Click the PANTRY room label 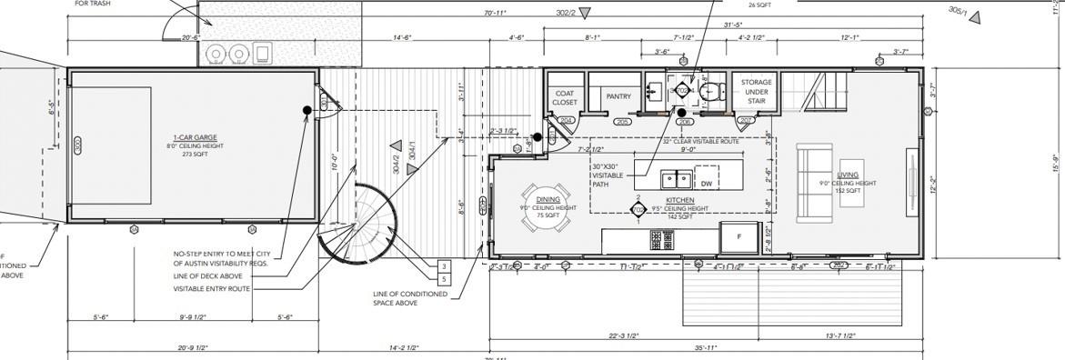click(x=618, y=96)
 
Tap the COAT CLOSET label click(x=565, y=97)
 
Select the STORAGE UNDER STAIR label click(x=756, y=91)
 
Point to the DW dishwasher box click(x=706, y=183)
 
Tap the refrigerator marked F click(x=738, y=235)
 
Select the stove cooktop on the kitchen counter click(x=660, y=240)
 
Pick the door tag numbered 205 click(x=623, y=121)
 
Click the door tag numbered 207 click(x=746, y=121)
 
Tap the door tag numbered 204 click(x=566, y=121)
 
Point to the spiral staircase click(x=364, y=224)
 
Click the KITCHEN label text click(x=679, y=200)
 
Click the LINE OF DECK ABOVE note click(x=207, y=275)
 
